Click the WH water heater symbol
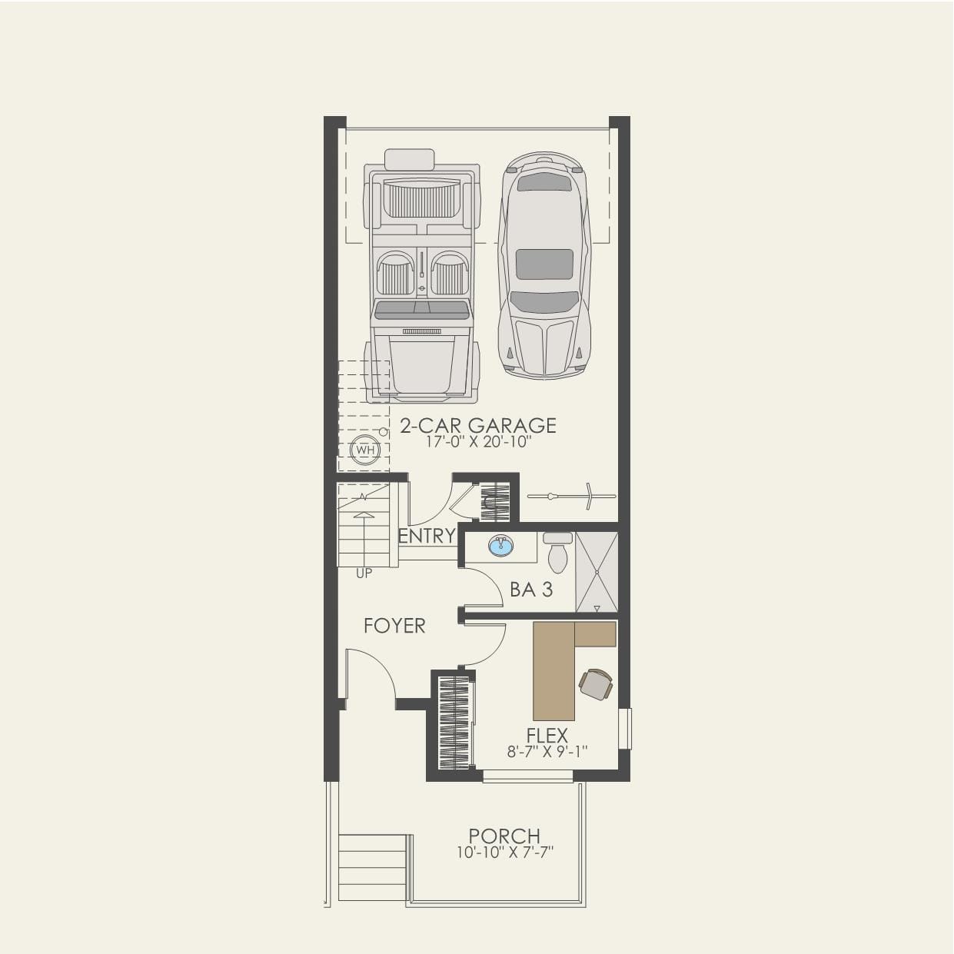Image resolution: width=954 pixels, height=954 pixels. [364, 450]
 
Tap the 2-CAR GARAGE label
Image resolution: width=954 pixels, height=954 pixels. [478, 425]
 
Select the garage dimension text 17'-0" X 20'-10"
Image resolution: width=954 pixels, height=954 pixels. [478, 443]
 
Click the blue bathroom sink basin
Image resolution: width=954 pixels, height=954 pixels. [501, 546]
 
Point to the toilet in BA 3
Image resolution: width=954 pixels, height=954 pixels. [558, 553]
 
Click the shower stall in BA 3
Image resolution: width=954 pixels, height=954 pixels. [597, 572]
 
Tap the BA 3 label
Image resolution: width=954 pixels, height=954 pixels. [531, 590]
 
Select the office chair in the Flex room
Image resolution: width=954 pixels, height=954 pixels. [596, 683]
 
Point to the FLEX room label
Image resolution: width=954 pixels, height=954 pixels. [547, 736]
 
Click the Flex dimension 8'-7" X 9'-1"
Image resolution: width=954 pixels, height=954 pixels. [547, 752]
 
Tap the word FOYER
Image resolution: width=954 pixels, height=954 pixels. [394, 626]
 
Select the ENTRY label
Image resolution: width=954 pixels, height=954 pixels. [427, 536]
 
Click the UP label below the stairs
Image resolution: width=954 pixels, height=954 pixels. [364, 573]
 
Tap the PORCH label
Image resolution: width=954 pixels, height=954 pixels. [504, 836]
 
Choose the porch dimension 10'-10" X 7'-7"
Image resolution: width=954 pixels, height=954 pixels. [504, 853]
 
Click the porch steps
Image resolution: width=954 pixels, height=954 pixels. [372, 866]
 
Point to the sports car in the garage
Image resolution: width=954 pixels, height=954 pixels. [544, 265]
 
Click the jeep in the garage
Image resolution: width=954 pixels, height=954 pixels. [422, 277]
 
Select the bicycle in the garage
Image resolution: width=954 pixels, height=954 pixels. [572, 497]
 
